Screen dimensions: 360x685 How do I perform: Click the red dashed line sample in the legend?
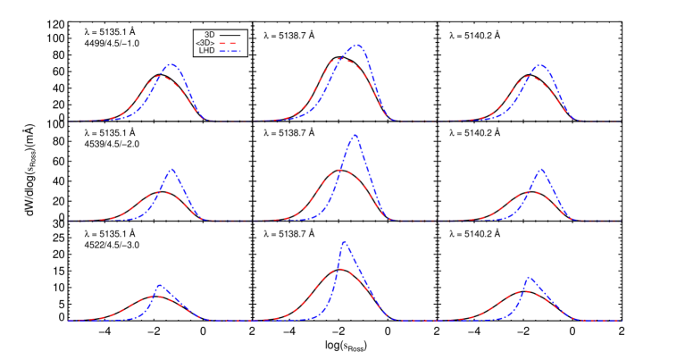230,43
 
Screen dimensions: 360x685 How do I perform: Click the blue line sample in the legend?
230,52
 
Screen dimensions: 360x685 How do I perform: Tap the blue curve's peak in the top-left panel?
171,64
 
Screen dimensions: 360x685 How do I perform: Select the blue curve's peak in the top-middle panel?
356,44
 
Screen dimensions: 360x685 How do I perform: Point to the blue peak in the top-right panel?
540,64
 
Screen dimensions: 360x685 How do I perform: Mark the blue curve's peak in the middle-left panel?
171,169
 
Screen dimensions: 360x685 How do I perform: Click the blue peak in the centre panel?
355,135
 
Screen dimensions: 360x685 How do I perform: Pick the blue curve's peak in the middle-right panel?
541,169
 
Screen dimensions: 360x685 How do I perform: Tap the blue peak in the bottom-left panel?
159,285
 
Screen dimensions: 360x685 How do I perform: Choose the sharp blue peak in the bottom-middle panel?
344,241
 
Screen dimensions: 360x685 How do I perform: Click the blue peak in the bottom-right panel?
528,277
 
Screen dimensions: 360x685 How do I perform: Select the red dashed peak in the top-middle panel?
341,60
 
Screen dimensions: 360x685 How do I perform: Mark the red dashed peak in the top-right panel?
530,77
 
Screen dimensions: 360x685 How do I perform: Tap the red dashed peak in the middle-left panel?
162,192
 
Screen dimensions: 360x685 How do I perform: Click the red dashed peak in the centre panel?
340,170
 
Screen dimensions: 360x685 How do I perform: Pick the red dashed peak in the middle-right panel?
530,192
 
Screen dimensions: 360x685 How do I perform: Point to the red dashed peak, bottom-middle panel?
339,269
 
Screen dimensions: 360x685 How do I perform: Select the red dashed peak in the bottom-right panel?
528,291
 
